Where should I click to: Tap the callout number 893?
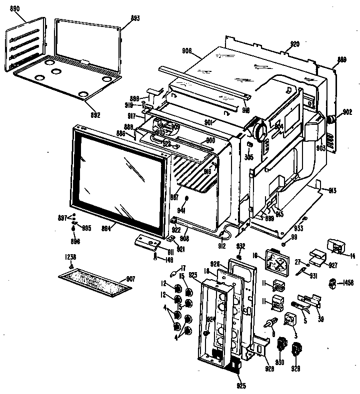click(x=121, y=18)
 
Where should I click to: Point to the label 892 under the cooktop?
click(x=95, y=115)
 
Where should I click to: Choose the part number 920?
click(x=294, y=44)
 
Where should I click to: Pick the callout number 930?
click(x=279, y=362)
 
